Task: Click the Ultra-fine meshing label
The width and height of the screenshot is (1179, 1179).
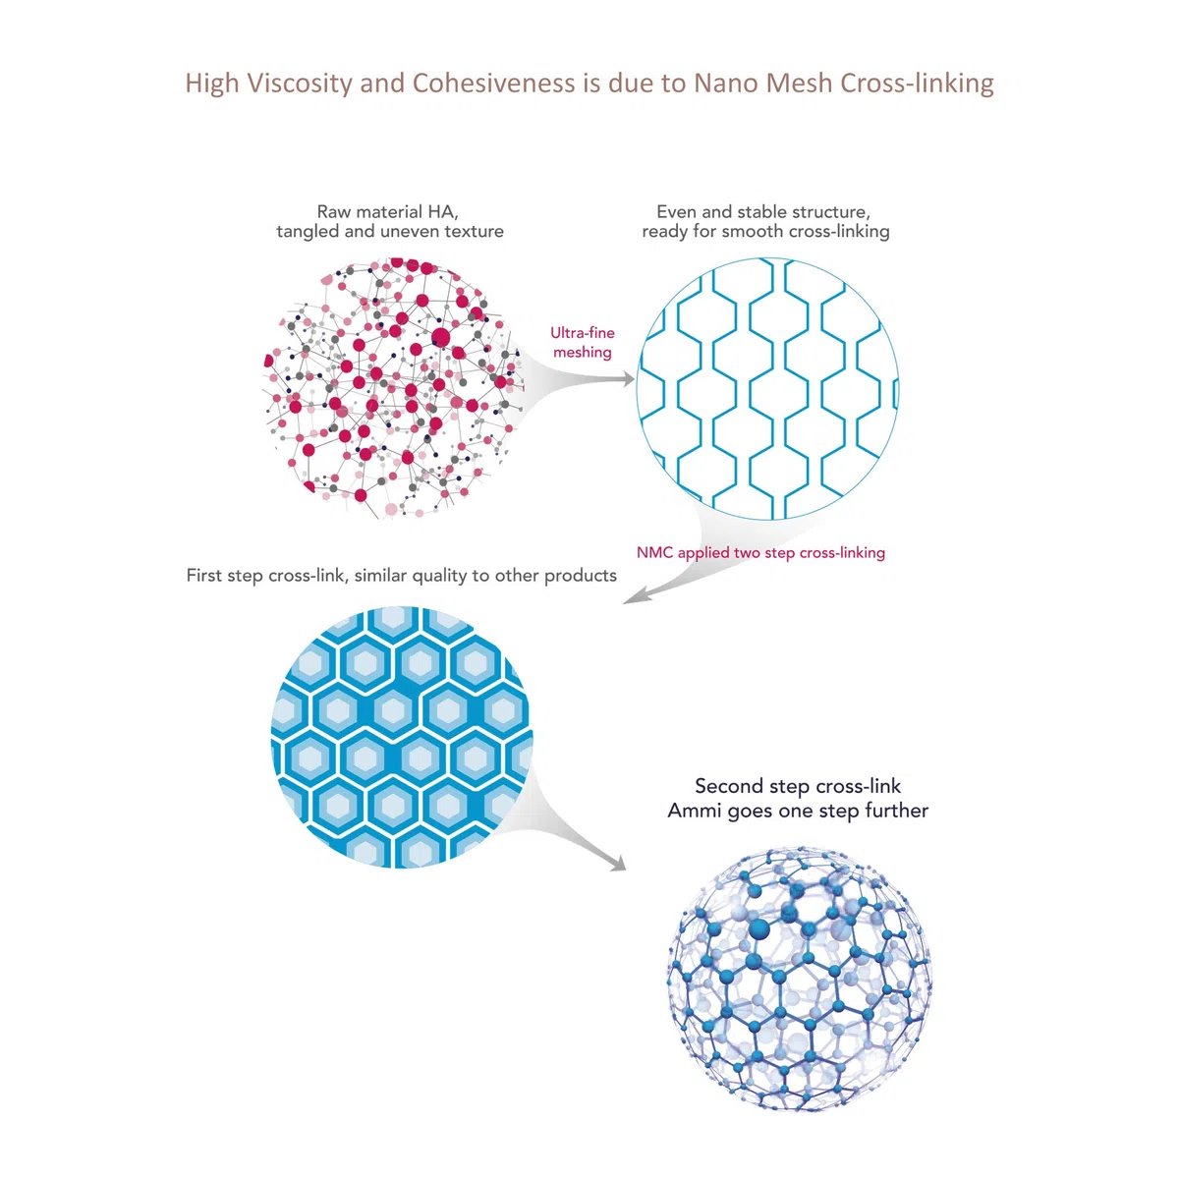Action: coord(582,342)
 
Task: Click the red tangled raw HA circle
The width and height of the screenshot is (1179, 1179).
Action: coord(393,388)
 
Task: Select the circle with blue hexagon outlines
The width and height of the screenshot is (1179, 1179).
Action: coord(767,388)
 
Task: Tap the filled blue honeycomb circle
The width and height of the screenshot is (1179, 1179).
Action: coord(402,737)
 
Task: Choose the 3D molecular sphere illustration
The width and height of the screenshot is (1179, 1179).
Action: coord(799,979)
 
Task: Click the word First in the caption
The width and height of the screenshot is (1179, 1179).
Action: coord(204,575)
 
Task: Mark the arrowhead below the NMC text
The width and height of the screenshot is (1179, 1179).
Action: coord(634,594)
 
